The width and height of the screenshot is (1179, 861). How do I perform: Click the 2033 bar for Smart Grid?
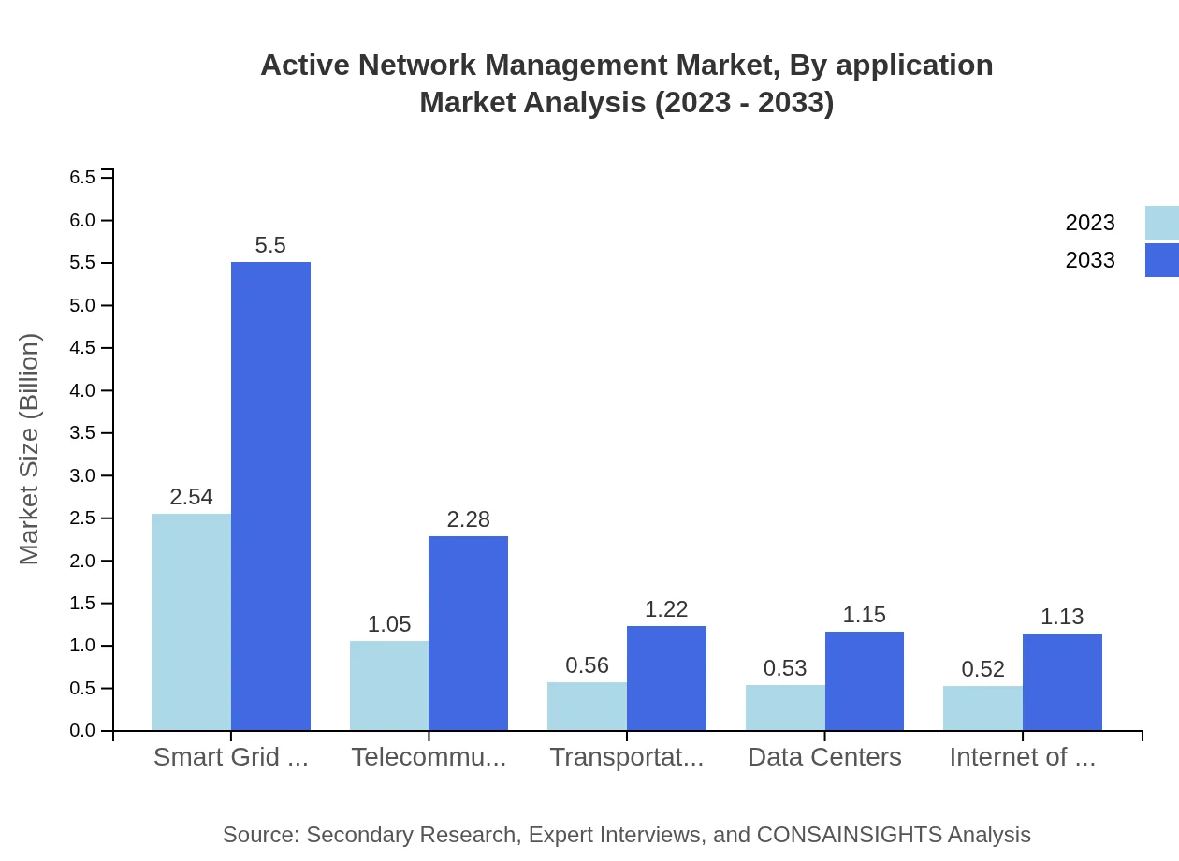point(270,496)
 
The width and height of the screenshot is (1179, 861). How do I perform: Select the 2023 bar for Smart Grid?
point(191,621)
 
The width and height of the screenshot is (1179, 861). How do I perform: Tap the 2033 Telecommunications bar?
point(468,633)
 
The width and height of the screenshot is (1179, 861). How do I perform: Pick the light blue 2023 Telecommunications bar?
point(389,685)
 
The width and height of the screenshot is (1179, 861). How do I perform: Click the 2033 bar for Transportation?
point(666,678)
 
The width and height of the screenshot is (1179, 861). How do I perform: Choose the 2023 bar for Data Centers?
point(785,708)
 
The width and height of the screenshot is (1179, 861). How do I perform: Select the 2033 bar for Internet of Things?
point(1062,681)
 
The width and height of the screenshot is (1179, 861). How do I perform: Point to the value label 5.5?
point(270,245)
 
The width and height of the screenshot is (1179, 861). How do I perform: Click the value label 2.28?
point(468,519)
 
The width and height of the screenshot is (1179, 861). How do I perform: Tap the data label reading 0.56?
point(587,665)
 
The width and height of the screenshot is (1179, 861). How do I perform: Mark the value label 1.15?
point(864,615)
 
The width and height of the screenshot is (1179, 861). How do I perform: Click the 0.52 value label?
point(982,669)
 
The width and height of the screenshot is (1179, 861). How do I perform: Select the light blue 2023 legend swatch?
point(1161,223)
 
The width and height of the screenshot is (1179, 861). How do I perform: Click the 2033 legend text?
point(1090,260)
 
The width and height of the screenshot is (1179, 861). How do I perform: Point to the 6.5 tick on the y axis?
point(82,178)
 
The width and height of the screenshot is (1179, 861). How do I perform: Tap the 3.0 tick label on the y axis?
point(82,475)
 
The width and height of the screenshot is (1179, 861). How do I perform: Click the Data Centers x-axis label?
point(824,757)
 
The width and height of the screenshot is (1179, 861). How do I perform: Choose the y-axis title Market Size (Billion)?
point(30,449)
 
